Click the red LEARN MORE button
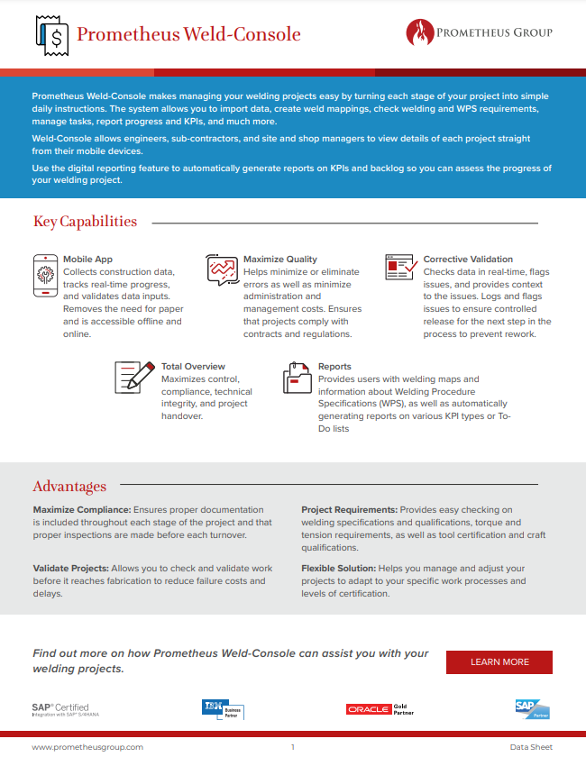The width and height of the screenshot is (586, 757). [499, 662]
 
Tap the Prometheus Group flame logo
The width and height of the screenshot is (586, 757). [420, 33]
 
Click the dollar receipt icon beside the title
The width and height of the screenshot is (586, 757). [51, 35]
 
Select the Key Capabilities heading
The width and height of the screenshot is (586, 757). [86, 222]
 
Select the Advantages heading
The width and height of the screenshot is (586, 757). [69, 487]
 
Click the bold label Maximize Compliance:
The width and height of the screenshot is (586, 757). [82, 510]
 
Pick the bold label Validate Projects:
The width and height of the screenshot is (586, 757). [71, 569]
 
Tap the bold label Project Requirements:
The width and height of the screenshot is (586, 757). [349, 510]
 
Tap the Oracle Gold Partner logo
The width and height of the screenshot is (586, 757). [378, 709]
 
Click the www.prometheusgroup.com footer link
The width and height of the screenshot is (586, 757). [87, 747]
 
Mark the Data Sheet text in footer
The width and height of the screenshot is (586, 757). [531, 747]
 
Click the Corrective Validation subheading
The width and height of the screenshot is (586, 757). [468, 260]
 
